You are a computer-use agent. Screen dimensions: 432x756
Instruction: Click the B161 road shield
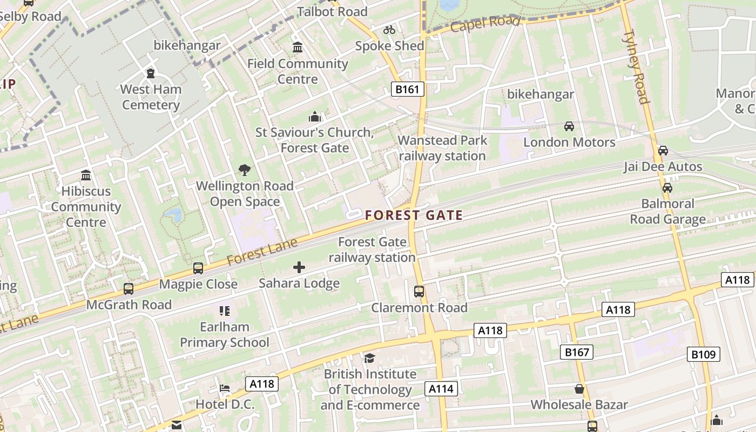[x=407, y=89]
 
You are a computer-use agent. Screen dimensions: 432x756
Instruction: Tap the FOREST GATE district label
[x=414, y=215]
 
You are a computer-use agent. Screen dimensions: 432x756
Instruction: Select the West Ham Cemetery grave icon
[x=151, y=73]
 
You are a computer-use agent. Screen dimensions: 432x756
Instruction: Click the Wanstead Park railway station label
[x=442, y=148]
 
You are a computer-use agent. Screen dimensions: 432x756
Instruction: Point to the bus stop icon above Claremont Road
[x=419, y=292]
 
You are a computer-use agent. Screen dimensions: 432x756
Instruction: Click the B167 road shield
[x=576, y=353]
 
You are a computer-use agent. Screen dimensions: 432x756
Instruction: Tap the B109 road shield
[x=704, y=354]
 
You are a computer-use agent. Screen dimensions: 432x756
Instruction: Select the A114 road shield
[x=442, y=388]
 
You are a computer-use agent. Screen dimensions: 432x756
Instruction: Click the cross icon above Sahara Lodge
[x=299, y=267]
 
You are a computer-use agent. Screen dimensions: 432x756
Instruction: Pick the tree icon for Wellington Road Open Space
[x=245, y=170]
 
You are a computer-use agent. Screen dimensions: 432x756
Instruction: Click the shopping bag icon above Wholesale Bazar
[x=579, y=389]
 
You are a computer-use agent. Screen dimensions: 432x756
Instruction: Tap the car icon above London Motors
[x=569, y=126]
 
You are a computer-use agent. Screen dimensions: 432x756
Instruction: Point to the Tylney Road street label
[x=635, y=67]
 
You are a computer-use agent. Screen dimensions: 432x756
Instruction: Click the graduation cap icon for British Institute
[x=369, y=358]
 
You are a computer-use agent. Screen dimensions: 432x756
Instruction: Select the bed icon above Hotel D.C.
[x=225, y=388]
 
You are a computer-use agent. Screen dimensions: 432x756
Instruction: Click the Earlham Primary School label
[x=225, y=335]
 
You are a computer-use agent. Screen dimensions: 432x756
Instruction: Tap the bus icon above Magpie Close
[x=198, y=268]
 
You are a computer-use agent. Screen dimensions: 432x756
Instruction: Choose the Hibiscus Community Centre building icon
[x=85, y=175]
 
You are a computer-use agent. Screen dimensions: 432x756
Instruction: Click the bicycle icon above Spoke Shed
[x=389, y=30]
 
